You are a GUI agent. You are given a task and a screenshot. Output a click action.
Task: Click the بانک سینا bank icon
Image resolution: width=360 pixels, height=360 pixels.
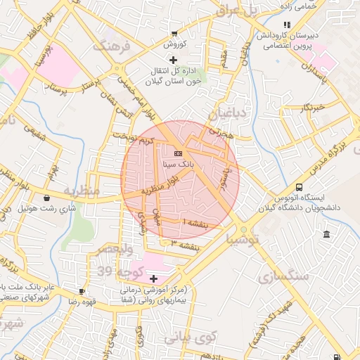point(178,153)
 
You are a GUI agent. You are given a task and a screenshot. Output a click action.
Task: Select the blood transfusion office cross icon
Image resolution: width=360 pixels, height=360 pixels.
point(174,60)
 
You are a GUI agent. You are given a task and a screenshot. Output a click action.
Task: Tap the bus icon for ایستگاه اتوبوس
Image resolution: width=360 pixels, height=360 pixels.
point(300,188)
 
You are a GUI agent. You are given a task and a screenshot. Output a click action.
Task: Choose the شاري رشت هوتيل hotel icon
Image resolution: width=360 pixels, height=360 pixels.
point(47,198)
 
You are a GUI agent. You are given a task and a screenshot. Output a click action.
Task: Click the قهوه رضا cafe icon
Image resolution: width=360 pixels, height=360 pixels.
point(82,291)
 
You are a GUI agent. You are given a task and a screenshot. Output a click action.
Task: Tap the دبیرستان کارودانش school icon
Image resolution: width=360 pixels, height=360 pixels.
point(287,25)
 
